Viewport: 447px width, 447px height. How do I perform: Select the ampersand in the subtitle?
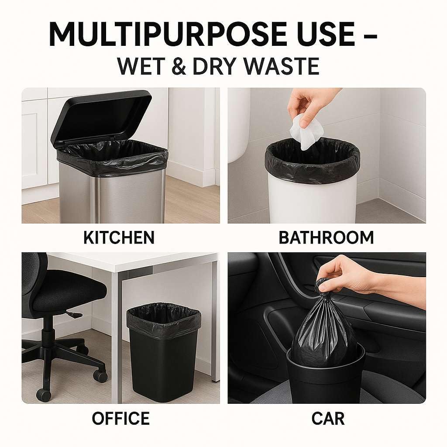tap(179, 66)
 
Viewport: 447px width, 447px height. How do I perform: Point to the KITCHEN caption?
tap(119, 237)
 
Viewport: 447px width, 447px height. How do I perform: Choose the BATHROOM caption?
tap(326, 237)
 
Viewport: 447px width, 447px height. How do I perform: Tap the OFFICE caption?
tap(120, 418)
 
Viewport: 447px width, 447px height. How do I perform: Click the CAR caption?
tap(328, 418)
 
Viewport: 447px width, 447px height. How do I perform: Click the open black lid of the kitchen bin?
tap(101, 117)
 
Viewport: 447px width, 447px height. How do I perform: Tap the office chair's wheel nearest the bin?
tap(101, 376)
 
